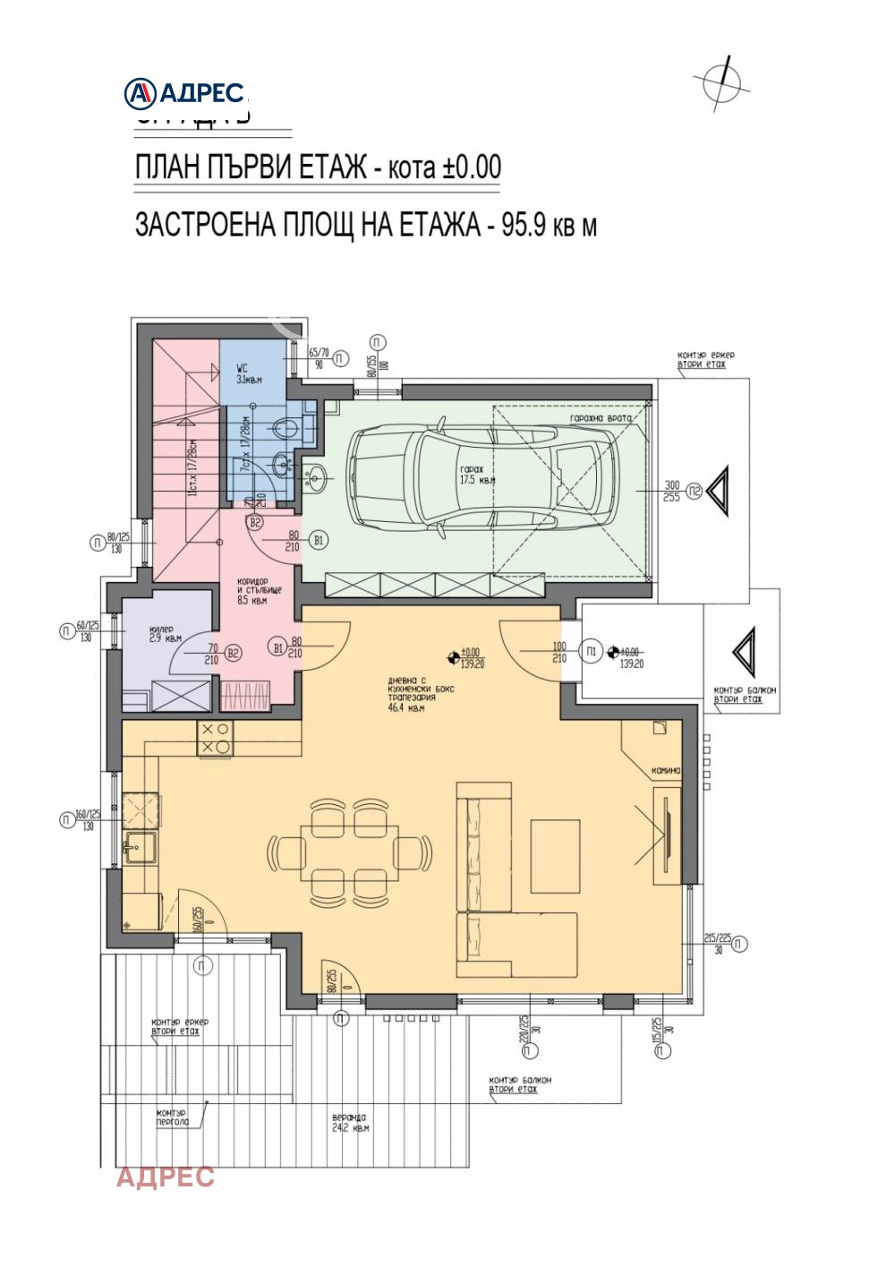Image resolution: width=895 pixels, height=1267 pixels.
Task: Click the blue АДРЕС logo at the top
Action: click(185, 91)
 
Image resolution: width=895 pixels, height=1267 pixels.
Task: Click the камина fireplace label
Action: click(666, 770)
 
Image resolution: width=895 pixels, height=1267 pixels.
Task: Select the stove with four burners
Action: click(215, 738)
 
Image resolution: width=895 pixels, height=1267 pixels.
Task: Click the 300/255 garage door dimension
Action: click(671, 491)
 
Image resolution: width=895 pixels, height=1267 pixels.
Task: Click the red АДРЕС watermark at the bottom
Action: click(166, 1176)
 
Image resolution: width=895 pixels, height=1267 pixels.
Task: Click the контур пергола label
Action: click(172, 1117)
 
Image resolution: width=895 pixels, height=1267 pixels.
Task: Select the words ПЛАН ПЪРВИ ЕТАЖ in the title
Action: click(251, 167)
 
